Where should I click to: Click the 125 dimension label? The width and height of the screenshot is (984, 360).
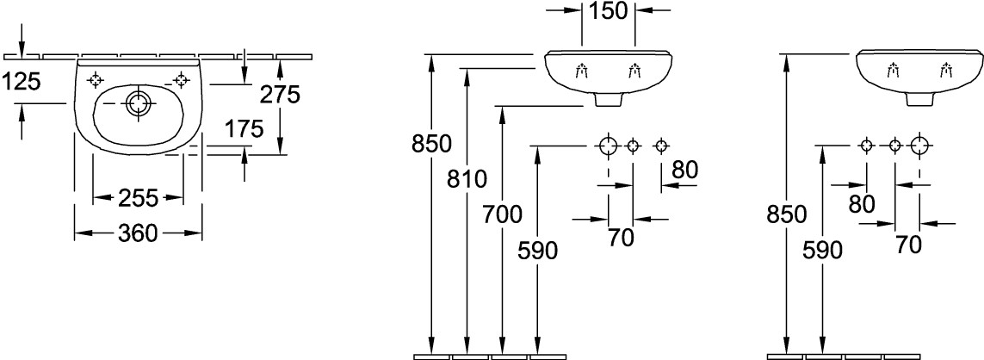[22, 82]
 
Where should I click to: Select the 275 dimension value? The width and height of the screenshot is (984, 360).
[281, 95]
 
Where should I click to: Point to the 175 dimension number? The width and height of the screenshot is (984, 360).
[244, 130]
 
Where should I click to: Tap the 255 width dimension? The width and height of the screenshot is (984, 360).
[139, 199]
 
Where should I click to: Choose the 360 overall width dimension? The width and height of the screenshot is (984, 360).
[139, 233]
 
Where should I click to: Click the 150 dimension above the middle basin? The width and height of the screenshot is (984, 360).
[610, 12]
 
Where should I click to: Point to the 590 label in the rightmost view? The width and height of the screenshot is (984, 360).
[822, 251]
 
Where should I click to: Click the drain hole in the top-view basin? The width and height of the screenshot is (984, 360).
[137, 104]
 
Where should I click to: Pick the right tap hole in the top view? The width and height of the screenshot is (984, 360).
[181, 79]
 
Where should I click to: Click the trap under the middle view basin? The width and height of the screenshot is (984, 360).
[610, 100]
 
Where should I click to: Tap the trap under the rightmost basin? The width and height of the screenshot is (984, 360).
[920, 100]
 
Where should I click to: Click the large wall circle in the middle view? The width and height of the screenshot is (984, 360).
[609, 146]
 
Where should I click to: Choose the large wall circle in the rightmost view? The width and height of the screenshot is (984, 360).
[920, 146]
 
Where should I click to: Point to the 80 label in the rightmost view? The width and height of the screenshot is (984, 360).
[861, 204]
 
